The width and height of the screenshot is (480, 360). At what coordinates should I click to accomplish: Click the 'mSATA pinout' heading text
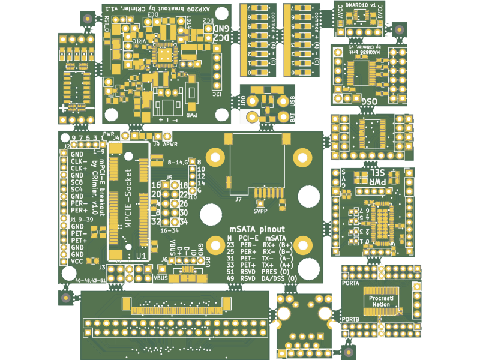257,229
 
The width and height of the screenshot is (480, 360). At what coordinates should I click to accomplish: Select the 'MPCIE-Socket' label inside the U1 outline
128,199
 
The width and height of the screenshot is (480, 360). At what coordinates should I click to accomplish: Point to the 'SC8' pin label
77,182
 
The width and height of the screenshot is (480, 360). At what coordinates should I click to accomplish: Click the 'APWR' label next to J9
170,145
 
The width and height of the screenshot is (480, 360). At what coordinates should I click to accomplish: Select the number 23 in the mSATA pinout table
230,245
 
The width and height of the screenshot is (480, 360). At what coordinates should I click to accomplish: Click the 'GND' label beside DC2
220,28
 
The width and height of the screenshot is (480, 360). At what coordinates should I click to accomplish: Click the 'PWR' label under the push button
192,115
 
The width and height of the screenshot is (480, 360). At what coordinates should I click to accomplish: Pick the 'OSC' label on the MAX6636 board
367,102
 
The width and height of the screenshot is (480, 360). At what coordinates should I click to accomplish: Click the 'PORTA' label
350,283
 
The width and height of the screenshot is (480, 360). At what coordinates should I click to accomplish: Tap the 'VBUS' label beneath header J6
161,278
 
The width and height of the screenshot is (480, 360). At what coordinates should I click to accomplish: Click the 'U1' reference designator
141,256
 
